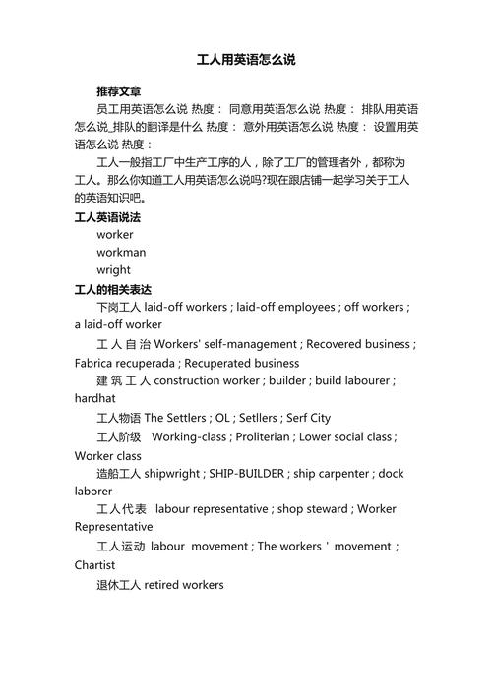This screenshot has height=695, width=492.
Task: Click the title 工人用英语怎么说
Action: [246, 60]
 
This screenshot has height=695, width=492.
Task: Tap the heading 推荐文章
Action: [119, 91]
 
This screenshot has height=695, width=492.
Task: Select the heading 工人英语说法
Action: [107, 217]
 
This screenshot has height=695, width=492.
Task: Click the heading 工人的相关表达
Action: [113, 290]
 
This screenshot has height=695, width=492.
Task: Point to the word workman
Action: [121, 253]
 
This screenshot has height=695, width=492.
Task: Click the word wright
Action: [113, 270]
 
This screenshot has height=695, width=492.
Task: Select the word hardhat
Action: [94, 398]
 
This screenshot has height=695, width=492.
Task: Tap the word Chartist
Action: [94, 565]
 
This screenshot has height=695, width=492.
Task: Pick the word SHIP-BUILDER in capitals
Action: [246, 473]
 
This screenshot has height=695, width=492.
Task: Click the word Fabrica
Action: [95, 363]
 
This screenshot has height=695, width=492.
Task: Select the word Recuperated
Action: [219, 363]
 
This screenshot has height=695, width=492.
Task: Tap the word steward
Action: [326, 509]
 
